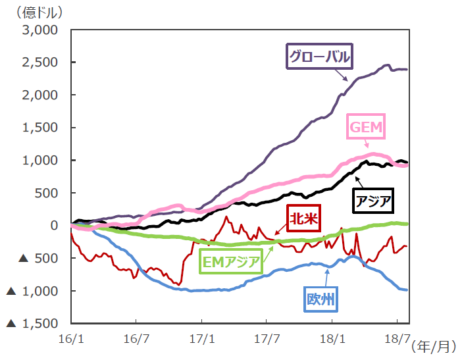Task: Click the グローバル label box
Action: pos(319,56)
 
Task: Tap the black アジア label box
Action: pos(374,200)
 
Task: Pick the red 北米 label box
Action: pos(303,218)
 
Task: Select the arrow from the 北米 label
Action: pos(279,229)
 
